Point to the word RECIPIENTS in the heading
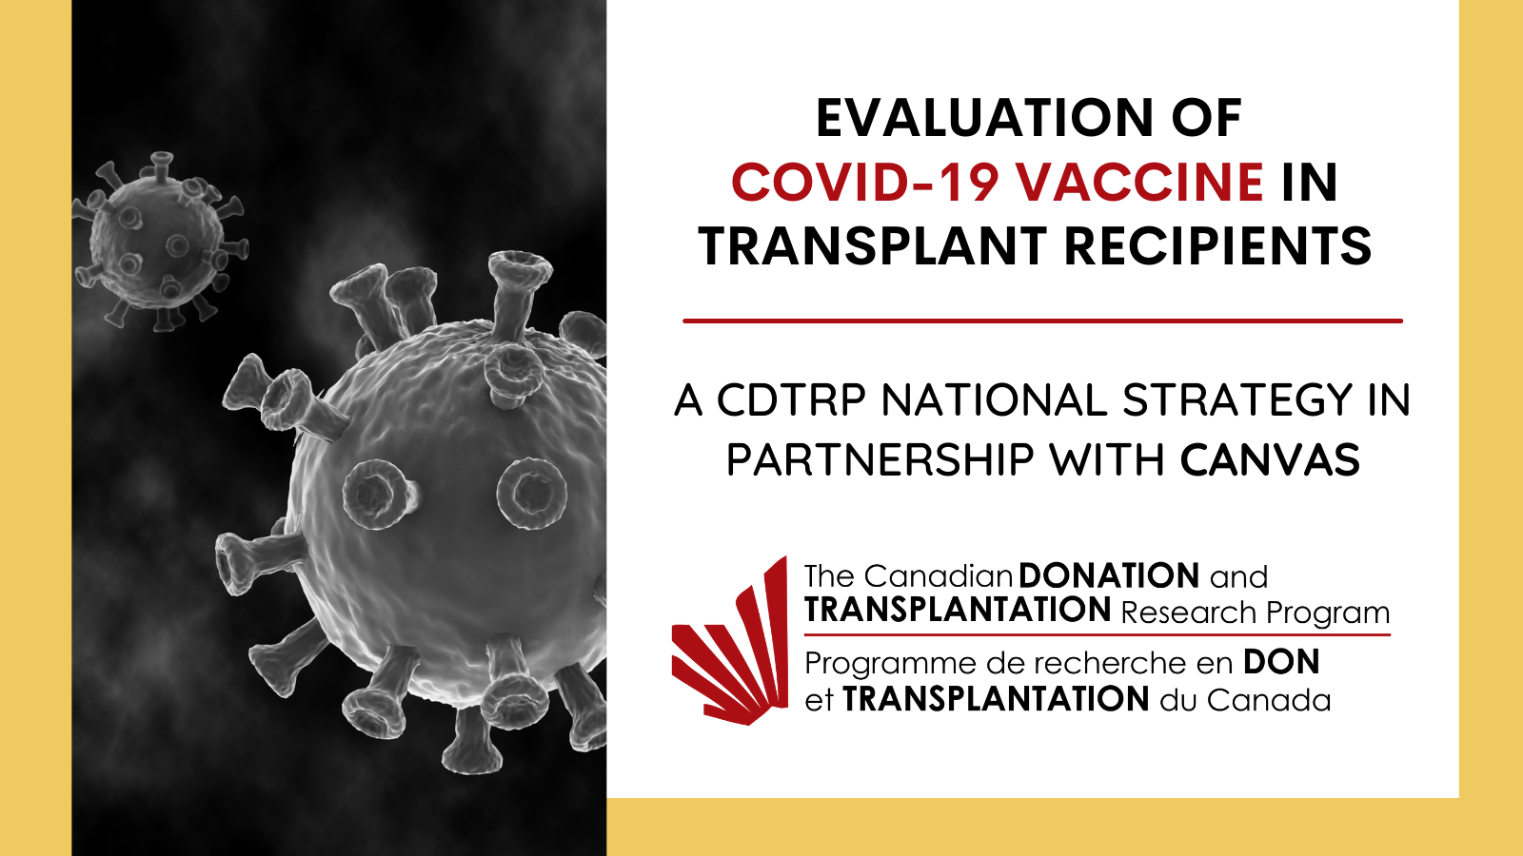(1217, 246)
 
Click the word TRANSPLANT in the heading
(872, 246)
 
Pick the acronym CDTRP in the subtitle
(791, 400)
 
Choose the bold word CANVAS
(1270, 460)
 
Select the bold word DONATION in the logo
(1109, 576)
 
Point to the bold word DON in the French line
(1281, 662)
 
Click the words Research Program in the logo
(1256, 613)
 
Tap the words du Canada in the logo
(1246, 700)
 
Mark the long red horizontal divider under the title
(1043, 321)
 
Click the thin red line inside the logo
(1098, 635)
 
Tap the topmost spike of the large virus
(520, 265)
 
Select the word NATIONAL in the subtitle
(994, 400)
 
